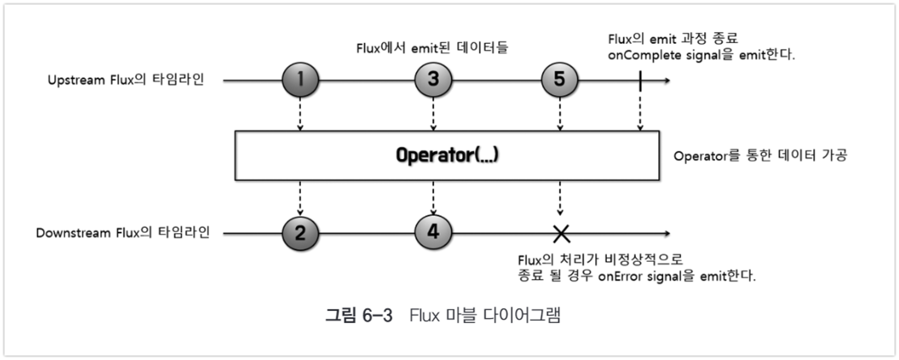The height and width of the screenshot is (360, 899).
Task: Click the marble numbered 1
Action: click(x=300, y=80)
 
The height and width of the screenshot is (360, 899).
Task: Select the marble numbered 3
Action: click(x=433, y=80)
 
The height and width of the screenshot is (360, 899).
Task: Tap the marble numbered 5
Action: click(x=560, y=80)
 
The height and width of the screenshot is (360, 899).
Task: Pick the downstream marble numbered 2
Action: click(x=300, y=233)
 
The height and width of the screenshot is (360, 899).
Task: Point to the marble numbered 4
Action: click(x=433, y=232)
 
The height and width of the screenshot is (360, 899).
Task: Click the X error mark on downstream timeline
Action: click(x=561, y=233)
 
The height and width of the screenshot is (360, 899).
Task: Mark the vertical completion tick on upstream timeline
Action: click(x=640, y=81)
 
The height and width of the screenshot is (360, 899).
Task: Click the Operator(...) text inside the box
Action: click(x=447, y=155)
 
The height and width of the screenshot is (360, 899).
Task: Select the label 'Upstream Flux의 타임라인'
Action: click(x=126, y=80)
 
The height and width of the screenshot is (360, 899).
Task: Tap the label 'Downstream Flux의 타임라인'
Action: click(x=123, y=233)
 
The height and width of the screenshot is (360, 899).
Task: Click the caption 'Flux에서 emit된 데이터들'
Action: click(x=432, y=48)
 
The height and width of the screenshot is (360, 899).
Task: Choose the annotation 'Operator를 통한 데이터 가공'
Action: click(x=760, y=155)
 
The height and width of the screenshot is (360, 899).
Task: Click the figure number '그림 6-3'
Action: click(x=359, y=315)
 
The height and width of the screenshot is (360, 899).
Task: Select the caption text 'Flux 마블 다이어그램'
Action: click(x=485, y=315)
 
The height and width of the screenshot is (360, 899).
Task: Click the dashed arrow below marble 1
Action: click(x=300, y=114)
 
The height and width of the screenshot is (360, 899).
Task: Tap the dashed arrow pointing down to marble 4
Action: click(x=433, y=197)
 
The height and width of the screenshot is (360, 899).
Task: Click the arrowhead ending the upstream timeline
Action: click(x=667, y=81)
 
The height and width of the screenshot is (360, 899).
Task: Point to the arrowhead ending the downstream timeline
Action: click(x=667, y=233)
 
